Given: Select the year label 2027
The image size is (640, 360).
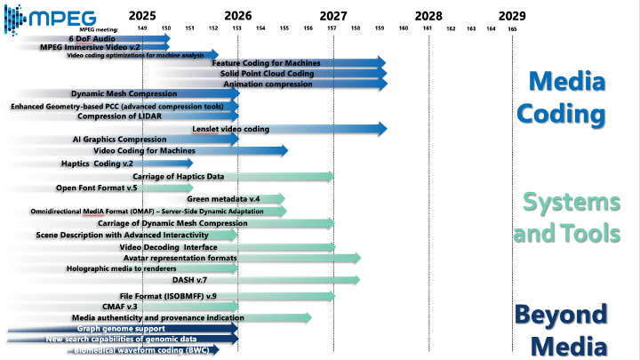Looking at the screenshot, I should point(332,15).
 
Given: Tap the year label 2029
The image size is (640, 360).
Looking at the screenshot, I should point(511,15).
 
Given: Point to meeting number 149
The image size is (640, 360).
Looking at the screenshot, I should point(142,28).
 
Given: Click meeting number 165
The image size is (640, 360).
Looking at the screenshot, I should point(512,28).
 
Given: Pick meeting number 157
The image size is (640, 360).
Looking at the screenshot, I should point(332,28).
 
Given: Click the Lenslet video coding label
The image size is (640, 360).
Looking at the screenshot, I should point(230,129).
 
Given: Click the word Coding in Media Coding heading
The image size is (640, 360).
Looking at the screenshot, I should point(568,114).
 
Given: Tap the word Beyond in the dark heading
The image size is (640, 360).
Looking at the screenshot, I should point(561,314).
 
